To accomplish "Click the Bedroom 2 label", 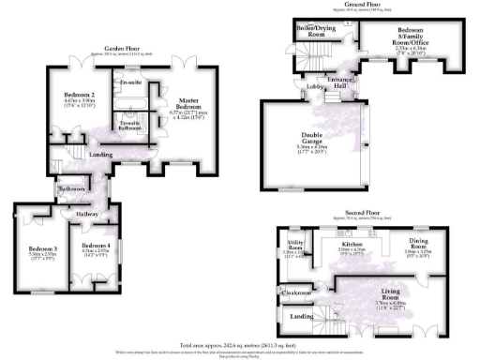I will [x=82, y=95].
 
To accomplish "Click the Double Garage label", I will [x=310, y=142].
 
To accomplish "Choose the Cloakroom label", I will [x=297, y=292].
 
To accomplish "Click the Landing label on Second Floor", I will [x=301, y=318].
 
